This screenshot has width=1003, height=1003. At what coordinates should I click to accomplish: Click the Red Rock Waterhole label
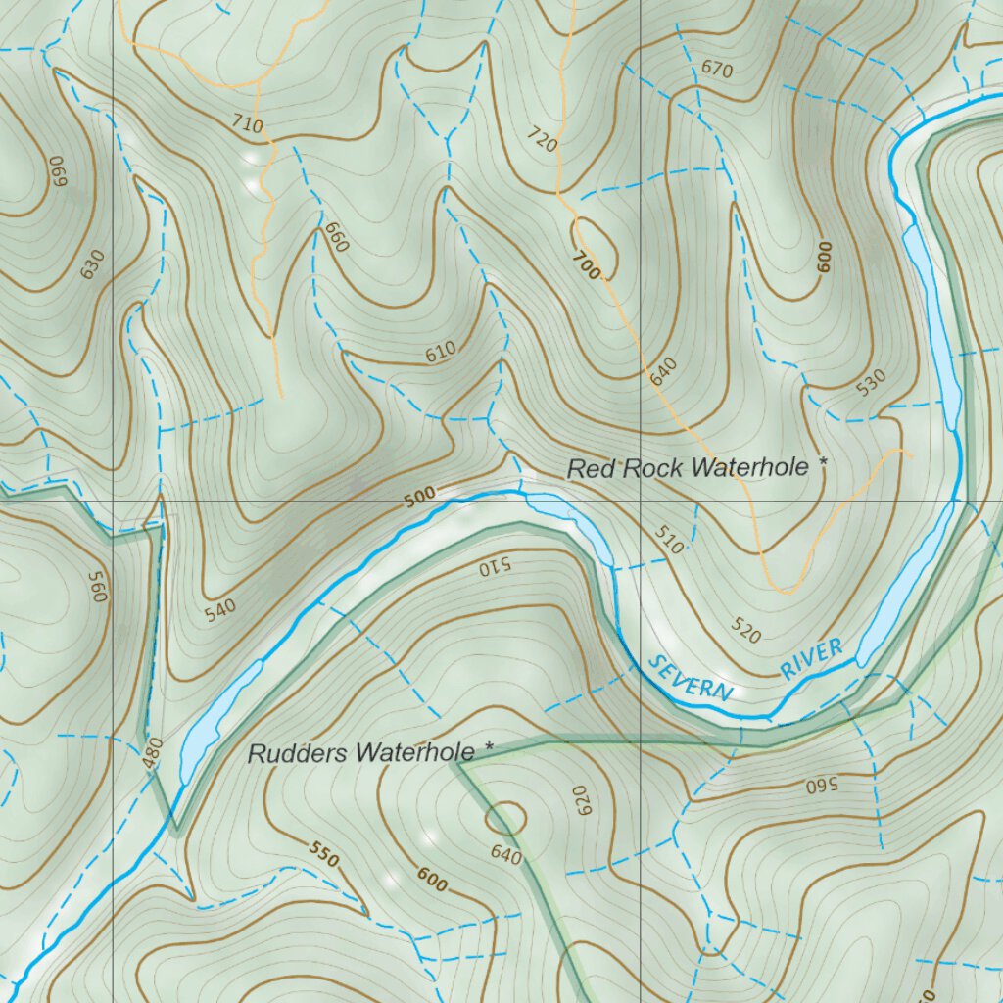coord(689,468)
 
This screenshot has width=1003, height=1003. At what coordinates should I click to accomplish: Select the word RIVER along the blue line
coord(812,658)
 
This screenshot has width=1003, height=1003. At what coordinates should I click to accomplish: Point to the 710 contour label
coord(248,124)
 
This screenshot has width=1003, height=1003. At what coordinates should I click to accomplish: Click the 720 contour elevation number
coord(542,138)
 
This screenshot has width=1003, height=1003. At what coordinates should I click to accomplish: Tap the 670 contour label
coord(717,69)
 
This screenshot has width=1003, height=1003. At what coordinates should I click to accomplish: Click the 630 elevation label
coord(92,263)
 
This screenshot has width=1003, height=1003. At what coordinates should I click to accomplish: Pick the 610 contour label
coord(441,353)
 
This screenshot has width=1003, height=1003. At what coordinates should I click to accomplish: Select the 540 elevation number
coord(221,611)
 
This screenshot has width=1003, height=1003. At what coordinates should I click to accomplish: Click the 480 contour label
coord(153,751)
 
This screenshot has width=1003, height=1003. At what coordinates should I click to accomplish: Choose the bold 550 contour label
coord(324,854)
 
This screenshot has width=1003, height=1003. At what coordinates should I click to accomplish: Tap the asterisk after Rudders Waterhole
coord(489,748)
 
